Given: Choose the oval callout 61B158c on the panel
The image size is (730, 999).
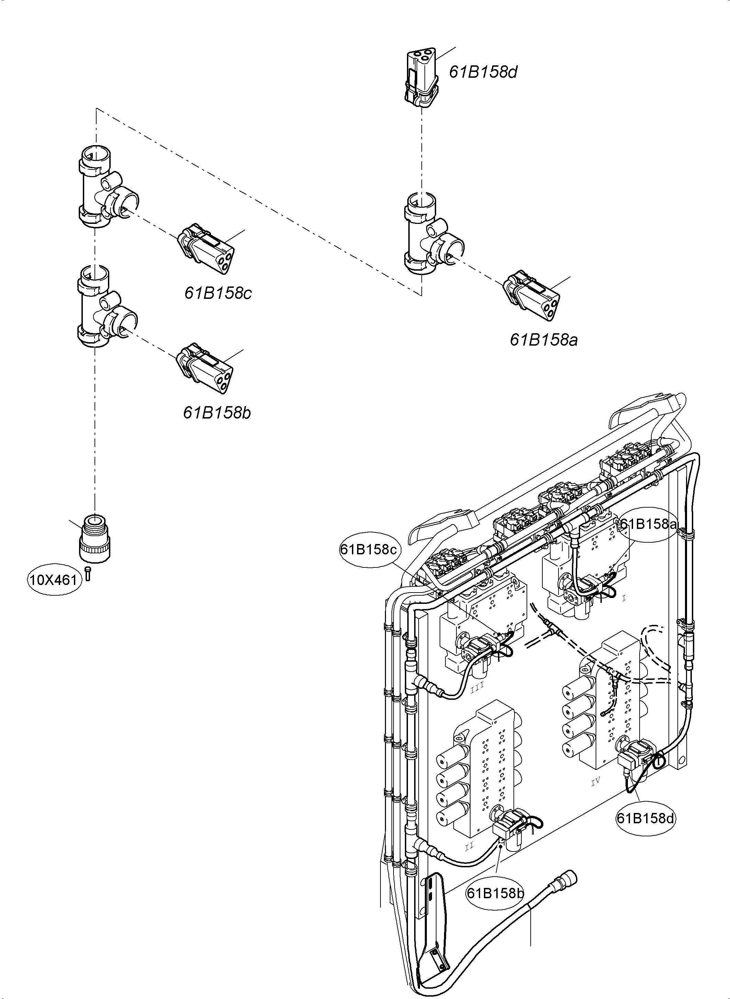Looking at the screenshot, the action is coord(369,550).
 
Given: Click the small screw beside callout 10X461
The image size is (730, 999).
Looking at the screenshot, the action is coord(88,573).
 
